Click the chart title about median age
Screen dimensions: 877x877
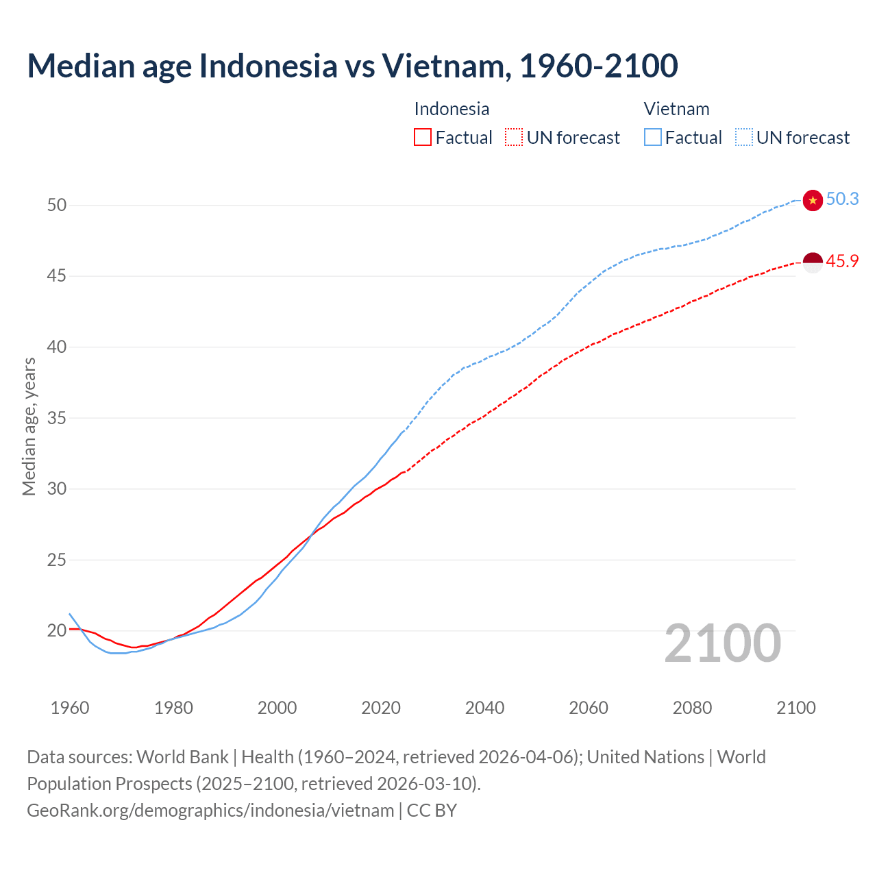352,66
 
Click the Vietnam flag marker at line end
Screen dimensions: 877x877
813,200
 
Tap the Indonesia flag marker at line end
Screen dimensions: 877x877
813,262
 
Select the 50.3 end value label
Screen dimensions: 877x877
842,199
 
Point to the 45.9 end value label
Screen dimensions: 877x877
842,261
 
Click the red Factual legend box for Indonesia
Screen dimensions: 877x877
423,138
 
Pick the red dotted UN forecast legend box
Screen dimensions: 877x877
514,138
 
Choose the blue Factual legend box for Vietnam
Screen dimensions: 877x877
653,138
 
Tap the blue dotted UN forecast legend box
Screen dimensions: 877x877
744,138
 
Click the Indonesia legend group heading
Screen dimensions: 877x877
452,109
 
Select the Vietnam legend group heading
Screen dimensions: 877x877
676,109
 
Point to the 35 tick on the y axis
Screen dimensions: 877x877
57,418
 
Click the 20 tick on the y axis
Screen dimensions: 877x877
57,630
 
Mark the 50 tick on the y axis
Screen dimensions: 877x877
57,205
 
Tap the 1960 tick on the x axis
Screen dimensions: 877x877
70,708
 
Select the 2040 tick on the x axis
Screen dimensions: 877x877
484,708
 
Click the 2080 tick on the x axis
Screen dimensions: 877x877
692,708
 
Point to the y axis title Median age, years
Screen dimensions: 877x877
29,426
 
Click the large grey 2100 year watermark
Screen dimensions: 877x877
722,643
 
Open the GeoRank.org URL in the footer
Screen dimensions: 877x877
210,811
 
